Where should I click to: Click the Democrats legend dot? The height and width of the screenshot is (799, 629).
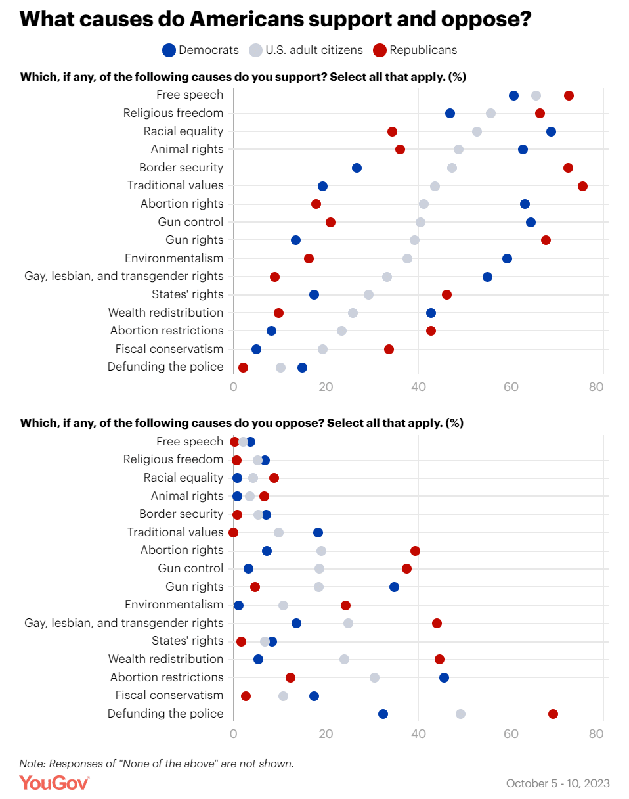pyautogui.click(x=169, y=49)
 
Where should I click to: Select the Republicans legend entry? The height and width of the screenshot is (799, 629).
pyautogui.click(x=415, y=49)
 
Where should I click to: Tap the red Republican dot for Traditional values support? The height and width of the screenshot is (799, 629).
pyautogui.click(x=582, y=186)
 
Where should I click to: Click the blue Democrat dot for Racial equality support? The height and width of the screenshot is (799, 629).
pyautogui.click(x=551, y=131)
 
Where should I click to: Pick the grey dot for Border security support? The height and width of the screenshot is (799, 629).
pyautogui.click(x=452, y=168)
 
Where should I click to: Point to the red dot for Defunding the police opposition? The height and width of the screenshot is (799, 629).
pyautogui.click(x=553, y=714)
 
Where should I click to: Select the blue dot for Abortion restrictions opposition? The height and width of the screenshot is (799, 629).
pyautogui.click(x=444, y=677)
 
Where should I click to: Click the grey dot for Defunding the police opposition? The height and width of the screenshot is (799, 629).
pyautogui.click(x=460, y=714)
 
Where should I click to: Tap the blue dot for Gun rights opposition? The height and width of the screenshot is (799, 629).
pyautogui.click(x=394, y=587)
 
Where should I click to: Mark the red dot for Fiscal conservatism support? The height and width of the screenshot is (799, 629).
pyautogui.click(x=389, y=349)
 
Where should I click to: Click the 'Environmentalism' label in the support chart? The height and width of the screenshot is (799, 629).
pyautogui.click(x=174, y=258)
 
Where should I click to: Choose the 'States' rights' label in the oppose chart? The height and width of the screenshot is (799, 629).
pyautogui.click(x=187, y=641)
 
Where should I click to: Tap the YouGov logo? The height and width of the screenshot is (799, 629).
pyautogui.click(x=54, y=783)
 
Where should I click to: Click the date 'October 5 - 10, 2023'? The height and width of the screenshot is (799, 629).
pyautogui.click(x=557, y=783)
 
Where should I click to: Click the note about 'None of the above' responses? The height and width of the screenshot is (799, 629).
pyautogui.click(x=156, y=764)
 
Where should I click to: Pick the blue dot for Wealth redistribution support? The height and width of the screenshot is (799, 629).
pyautogui.click(x=431, y=313)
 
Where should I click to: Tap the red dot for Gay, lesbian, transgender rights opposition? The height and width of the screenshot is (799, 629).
pyautogui.click(x=437, y=623)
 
